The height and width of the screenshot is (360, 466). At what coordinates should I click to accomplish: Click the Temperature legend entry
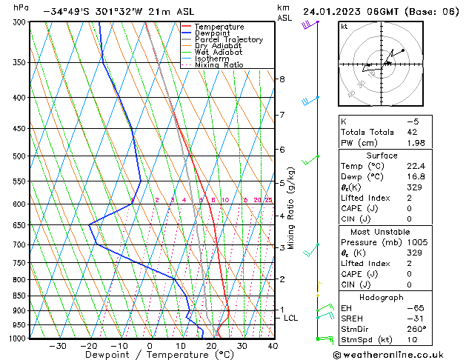coord(216,27)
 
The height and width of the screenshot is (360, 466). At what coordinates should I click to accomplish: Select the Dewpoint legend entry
coord(213,33)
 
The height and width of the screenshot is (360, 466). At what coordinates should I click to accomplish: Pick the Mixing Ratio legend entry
coord(219,65)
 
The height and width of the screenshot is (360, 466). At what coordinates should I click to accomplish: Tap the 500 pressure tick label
coord(19,156)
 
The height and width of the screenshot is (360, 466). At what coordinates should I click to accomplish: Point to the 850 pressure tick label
coord(19,296)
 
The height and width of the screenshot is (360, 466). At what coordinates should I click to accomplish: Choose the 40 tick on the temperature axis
coord(273,346)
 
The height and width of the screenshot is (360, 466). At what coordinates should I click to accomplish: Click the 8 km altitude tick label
coord(282,79)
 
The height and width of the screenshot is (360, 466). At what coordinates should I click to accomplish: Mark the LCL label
coord(290,318)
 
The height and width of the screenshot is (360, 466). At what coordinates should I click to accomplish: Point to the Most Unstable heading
coord(382,232)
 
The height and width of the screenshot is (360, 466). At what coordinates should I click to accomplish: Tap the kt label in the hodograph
coord(344,27)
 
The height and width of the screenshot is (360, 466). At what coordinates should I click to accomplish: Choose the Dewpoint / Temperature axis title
coord(148,356)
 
